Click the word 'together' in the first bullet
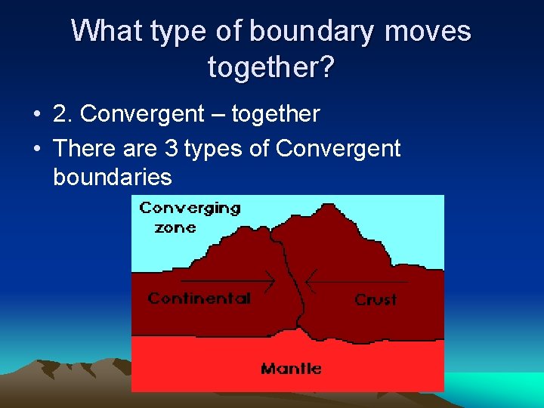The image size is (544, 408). pyautogui.click(x=276, y=115)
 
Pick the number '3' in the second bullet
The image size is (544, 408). pyautogui.click(x=172, y=148)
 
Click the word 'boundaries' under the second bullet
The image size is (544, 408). pyautogui.click(x=113, y=178)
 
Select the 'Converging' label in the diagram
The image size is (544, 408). pyautogui.click(x=190, y=208)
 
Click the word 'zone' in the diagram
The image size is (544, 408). pyautogui.click(x=175, y=227)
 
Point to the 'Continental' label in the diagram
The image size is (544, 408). pyautogui.click(x=199, y=298)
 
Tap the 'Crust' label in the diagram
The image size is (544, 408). pyautogui.click(x=376, y=300)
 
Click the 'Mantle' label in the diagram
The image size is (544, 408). pyautogui.click(x=291, y=369)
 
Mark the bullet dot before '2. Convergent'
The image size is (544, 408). pyautogui.click(x=36, y=116)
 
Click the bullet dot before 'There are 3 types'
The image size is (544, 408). pyautogui.click(x=36, y=149)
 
